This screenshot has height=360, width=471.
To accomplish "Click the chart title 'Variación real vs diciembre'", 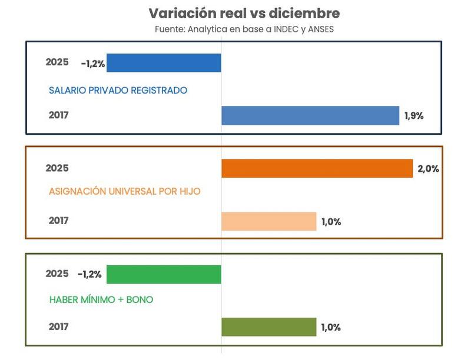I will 244,14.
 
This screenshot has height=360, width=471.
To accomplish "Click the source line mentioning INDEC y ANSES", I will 244,29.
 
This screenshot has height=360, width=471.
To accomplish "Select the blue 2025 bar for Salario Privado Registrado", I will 164,63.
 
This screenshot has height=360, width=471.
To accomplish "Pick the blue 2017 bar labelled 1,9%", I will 310,115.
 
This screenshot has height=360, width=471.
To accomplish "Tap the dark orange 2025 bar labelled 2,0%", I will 317,168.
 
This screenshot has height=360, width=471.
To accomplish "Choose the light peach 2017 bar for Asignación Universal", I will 268,221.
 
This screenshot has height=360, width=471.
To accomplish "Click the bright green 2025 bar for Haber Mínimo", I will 164,275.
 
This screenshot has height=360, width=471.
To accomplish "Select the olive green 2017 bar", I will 268,327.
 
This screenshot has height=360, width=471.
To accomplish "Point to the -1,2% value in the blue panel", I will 93,64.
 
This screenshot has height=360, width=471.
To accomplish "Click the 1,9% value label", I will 413,116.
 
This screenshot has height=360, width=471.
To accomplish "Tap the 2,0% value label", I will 428,169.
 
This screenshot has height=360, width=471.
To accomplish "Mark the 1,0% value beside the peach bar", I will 331,222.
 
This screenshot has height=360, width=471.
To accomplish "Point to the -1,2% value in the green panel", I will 89,274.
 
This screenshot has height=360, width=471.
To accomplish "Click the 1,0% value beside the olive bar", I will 331,328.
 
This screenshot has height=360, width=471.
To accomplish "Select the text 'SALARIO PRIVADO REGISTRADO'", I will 118,91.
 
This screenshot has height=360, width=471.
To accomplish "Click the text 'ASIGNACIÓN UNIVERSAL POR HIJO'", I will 125,192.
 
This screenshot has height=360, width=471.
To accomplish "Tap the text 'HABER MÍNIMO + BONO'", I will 101,300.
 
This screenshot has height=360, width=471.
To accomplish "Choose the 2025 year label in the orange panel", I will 57,168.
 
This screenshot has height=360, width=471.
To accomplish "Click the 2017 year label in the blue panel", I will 58,115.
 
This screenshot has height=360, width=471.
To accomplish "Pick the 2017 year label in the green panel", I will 58,327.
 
